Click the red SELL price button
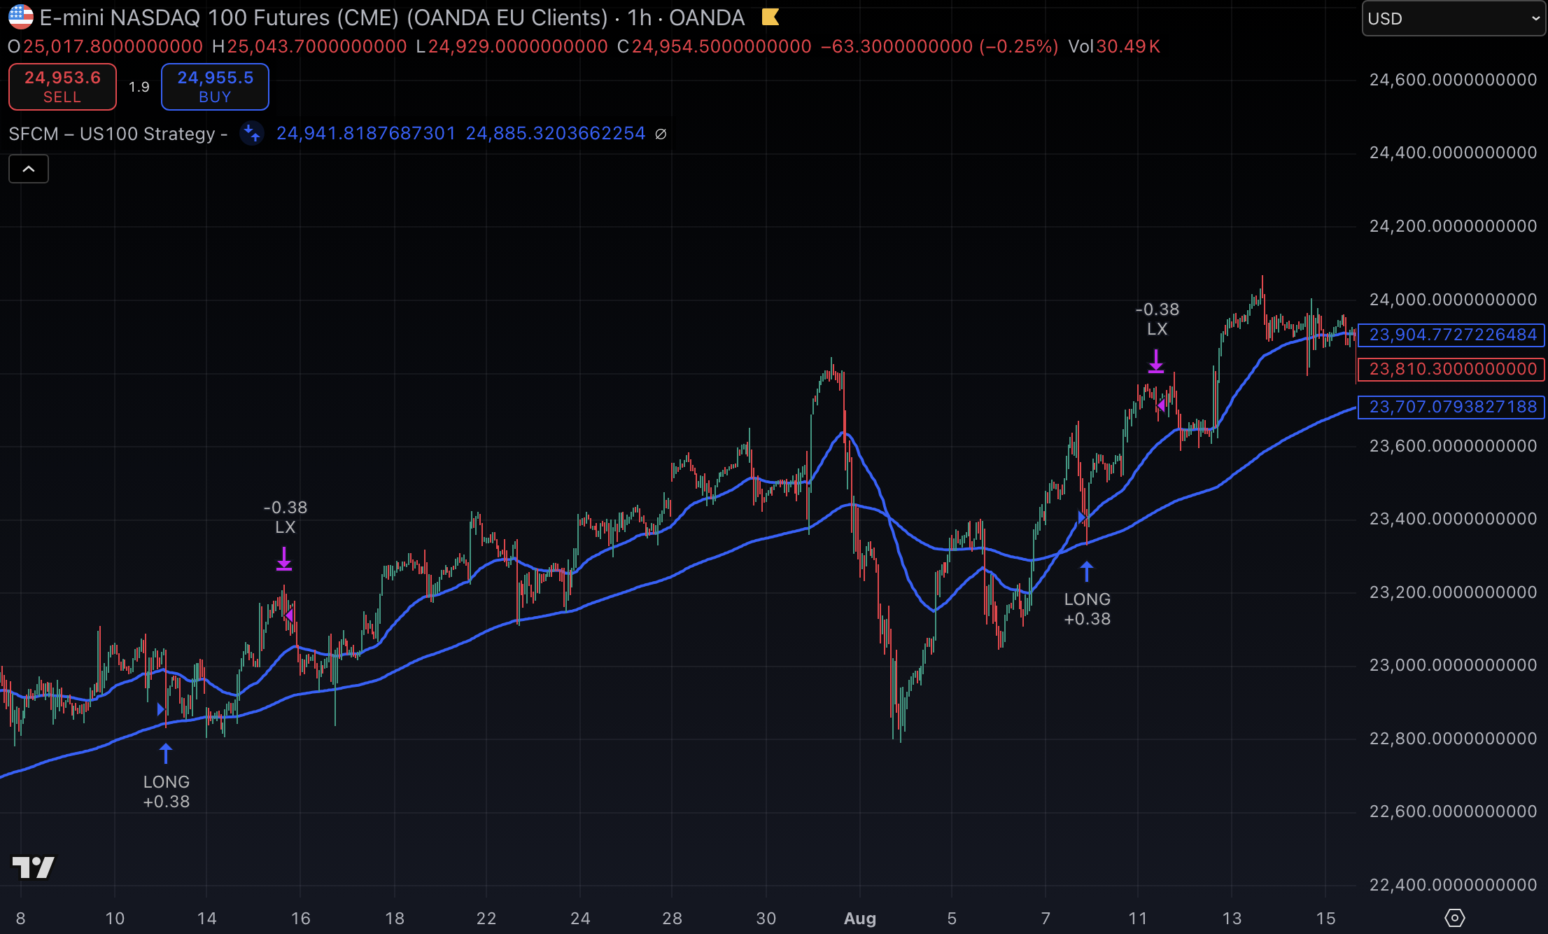(62, 87)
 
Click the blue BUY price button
(215, 87)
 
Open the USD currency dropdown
(1453, 18)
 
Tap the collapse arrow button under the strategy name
(29, 169)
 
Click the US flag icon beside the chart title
(20, 17)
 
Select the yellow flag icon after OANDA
(771, 17)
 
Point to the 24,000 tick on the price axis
(1453, 300)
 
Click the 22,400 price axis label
(1453, 885)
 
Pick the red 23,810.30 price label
(1451, 369)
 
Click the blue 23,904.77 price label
(1451, 335)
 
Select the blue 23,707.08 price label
(1451, 407)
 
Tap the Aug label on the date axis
(860, 919)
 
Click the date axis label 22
(486, 919)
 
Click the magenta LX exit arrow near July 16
(284, 559)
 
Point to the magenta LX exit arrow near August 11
(1156, 361)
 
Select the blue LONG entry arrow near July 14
(166, 753)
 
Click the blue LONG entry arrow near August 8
(1087, 571)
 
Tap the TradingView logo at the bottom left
(33, 867)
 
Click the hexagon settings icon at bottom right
(1455, 917)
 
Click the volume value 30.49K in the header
(1128, 47)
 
